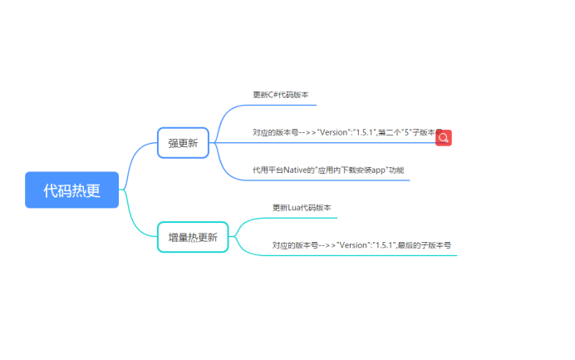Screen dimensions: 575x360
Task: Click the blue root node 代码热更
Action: [72, 190]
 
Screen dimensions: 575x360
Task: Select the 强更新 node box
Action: [183, 143]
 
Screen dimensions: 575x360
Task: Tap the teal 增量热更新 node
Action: [192, 237]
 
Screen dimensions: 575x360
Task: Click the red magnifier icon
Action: [444, 138]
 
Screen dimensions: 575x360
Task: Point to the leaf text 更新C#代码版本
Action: [280, 95]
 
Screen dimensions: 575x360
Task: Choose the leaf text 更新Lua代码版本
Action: [302, 207]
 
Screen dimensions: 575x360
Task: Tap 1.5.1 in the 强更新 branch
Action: [364, 132]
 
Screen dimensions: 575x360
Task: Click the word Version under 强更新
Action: [334, 132]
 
